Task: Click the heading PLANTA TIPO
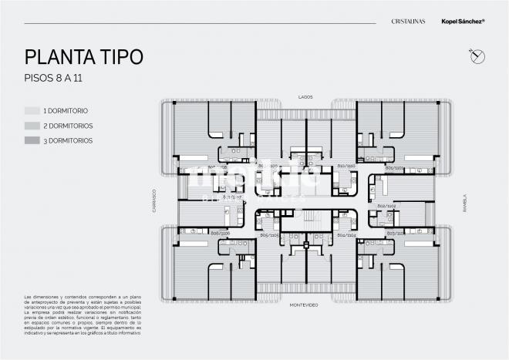click(x=83, y=57)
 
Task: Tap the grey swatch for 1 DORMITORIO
click(x=32, y=110)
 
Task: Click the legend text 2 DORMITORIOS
click(x=69, y=126)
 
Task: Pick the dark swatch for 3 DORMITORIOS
click(x=32, y=140)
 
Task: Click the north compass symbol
click(x=474, y=55)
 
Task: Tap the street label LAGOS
click(x=305, y=96)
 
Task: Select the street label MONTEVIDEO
click(x=305, y=305)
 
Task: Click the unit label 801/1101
click(x=395, y=167)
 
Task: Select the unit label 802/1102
click(x=386, y=206)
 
